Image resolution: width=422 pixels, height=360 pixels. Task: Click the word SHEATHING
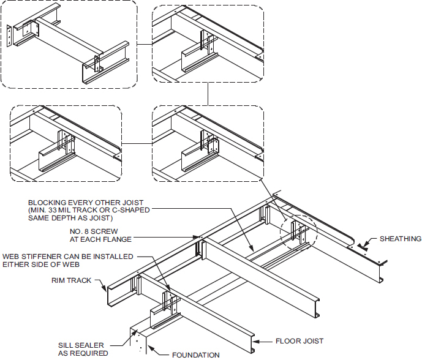[x=399, y=239]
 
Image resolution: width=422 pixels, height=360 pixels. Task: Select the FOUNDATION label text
[x=195, y=354]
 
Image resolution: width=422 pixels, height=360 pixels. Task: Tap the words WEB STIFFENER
[x=34, y=256]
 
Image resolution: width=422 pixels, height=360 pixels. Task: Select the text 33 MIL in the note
[x=72, y=209]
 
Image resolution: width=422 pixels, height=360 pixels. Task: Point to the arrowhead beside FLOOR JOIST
[x=261, y=341]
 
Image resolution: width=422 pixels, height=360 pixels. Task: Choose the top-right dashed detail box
[x=208, y=43]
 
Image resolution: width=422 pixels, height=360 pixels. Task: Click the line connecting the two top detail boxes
[x=143, y=44]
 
